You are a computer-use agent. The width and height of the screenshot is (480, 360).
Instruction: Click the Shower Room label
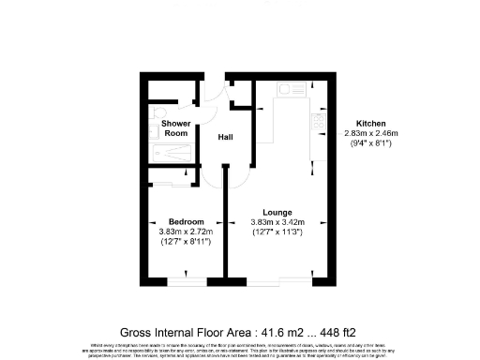pos(175,128)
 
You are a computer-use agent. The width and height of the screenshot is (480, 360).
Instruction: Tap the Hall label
pos(226,138)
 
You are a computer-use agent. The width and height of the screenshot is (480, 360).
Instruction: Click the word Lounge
pos(278,212)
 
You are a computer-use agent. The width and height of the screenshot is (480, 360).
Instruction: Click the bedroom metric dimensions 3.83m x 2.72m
pos(186,232)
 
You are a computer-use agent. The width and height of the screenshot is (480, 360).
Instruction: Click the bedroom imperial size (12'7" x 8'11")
pos(186,242)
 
